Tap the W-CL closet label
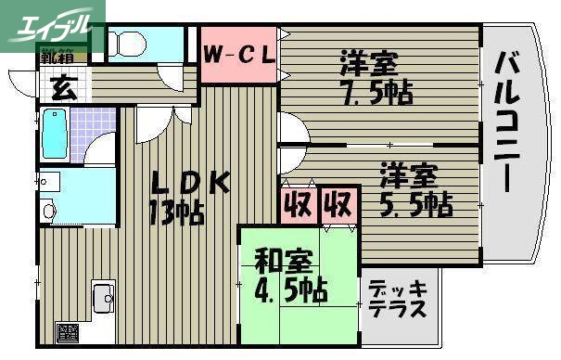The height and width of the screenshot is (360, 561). (x=238, y=55)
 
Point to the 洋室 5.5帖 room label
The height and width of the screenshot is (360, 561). (x=413, y=188)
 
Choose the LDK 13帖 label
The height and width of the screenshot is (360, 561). (x=185, y=197)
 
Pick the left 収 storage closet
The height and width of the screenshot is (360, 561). (x=297, y=202)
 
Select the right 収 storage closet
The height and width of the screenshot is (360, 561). (x=338, y=202)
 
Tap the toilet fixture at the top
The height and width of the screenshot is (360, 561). (x=127, y=44)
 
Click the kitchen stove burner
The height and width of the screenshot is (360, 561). (x=68, y=331)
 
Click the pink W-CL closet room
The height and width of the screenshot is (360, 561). (x=238, y=70)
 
